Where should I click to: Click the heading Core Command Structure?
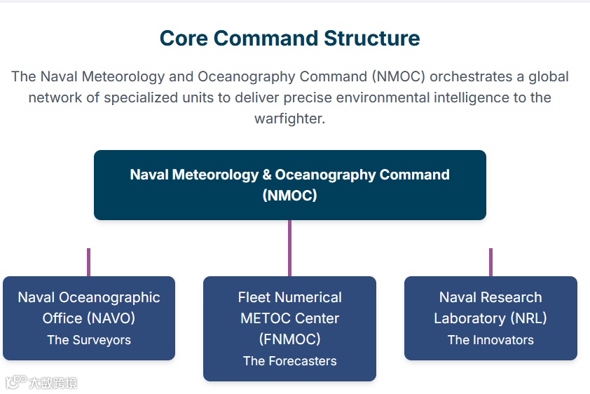coord(289,38)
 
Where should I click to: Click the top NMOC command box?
coord(289,185)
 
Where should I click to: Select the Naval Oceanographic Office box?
coord(89,318)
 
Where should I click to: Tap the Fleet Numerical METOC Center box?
coord(289,328)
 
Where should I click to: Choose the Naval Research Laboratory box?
coord(490,318)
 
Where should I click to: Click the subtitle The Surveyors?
coord(89,340)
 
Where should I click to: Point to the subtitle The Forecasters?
coord(289,361)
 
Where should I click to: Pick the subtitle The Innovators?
coord(490,340)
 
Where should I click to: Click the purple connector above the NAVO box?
coord(88,262)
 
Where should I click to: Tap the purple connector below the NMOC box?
coord(289,248)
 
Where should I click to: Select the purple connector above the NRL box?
coord(490,262)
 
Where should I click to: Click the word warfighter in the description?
coord(289,118)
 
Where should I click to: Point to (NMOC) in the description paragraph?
coord(397,76)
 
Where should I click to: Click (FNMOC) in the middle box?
coord(289,339)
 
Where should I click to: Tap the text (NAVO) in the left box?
coord(111,318)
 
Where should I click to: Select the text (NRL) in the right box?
coord(528,318)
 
